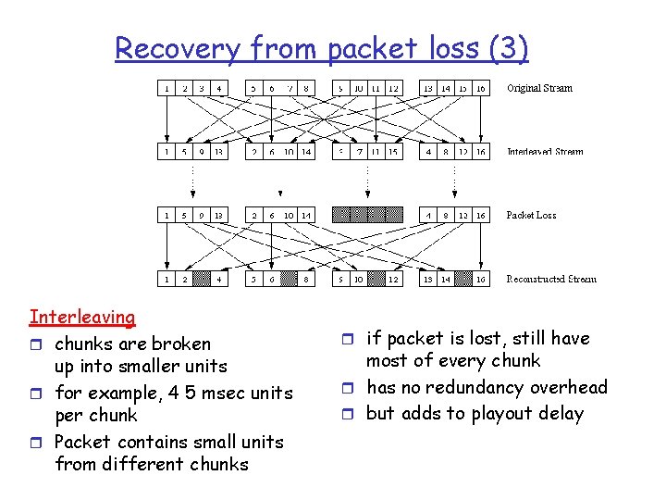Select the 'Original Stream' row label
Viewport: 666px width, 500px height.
[x=539, y=89]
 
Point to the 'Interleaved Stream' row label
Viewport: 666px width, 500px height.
[x=545, y=152]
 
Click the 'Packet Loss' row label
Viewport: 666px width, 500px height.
[x=531, y=215]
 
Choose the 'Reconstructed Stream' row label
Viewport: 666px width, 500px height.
[x=551, y=279]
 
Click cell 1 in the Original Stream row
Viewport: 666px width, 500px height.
[x=166, y=89]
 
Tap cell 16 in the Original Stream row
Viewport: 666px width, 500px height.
[x=481, y=89]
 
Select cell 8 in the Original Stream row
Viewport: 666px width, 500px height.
[x=306, y=89]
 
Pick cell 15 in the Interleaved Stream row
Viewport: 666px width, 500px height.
[x=393, y=152]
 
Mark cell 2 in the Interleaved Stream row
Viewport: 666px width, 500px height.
[x=253, y=152]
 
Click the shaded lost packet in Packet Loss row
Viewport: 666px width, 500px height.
[x=367, y=215]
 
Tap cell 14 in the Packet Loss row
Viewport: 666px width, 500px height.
[x=306, y=215]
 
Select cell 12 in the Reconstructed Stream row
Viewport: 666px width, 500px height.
[x=393, y=279]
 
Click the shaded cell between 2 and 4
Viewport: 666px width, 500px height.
[x=201, y=279]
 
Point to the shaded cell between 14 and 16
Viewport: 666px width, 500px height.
[x=463, y=279]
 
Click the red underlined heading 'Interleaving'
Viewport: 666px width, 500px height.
[x=82, y=318]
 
